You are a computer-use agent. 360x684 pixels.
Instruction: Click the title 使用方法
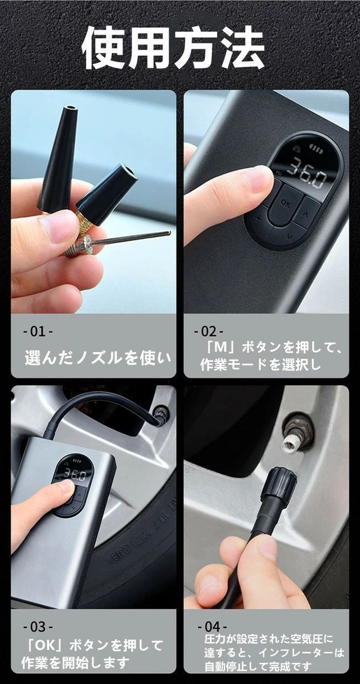[173, 48]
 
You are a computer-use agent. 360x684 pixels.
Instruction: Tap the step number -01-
[38, 331]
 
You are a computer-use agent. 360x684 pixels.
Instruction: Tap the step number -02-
[209, 331]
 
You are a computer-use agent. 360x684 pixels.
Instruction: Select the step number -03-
[38, 626]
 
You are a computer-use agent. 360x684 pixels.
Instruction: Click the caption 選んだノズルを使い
[97, 358]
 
